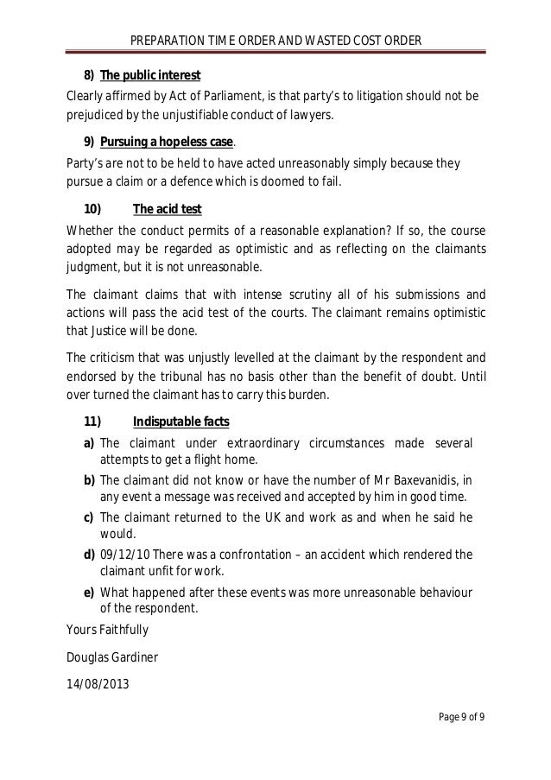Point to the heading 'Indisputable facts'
coord(180,422)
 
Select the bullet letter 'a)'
coord(89,443)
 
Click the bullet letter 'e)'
coord(89,592)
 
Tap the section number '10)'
coord(92,210)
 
